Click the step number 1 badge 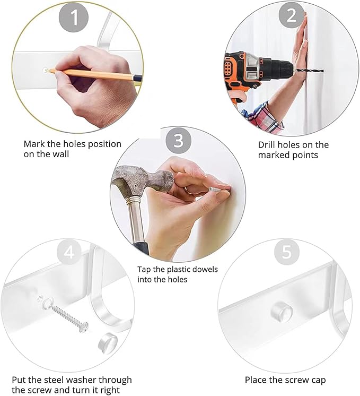(74, 18)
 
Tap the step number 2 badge (292, 15)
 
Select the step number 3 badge (178, 140)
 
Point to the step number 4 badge (69, 252)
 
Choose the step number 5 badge (287, 252)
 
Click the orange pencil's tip (47, 70)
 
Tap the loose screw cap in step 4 (108, 343)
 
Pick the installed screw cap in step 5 (282, 310)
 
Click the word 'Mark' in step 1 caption (34, 144)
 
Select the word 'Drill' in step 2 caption (267, 145)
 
